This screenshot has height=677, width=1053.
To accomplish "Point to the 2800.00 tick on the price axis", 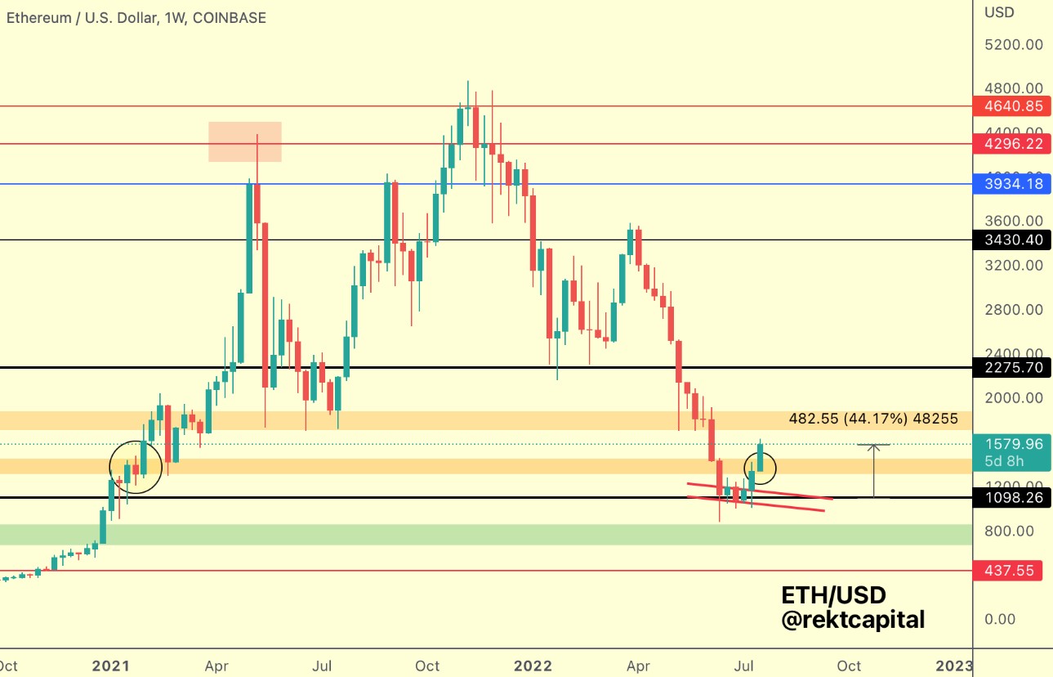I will coord(1013,310).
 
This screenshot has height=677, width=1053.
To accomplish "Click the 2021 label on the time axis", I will coord(111,666).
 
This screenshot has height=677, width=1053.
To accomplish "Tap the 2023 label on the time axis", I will coord(953,666).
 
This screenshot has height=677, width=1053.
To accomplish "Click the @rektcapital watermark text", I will coord(853,620).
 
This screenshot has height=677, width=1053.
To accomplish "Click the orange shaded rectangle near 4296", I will coord(245,141).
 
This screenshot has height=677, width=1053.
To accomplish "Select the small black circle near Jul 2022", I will coord(761,468).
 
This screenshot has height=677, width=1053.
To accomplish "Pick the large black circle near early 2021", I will coord(136,467).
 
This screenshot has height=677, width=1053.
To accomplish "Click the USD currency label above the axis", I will coord(1000,13).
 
